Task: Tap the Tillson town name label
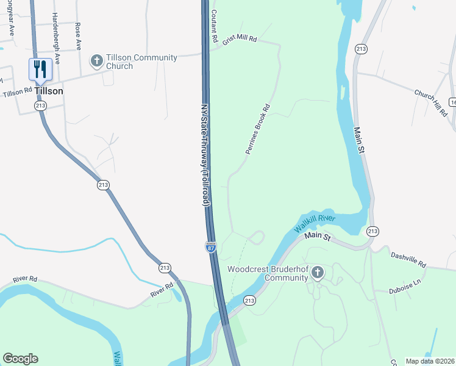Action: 49,90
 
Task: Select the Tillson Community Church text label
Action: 141,62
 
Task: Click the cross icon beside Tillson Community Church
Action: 96,60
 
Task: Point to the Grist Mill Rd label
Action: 240,38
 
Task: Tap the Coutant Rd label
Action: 214,26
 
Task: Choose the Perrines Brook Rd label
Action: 257,131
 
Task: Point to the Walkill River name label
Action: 315,222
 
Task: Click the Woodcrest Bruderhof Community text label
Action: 268,273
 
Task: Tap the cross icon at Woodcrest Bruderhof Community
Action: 318,273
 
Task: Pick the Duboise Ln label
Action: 405,286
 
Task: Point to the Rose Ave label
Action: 78,36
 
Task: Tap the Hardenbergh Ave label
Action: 56,38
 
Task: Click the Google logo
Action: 20,359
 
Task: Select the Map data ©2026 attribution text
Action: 429,361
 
